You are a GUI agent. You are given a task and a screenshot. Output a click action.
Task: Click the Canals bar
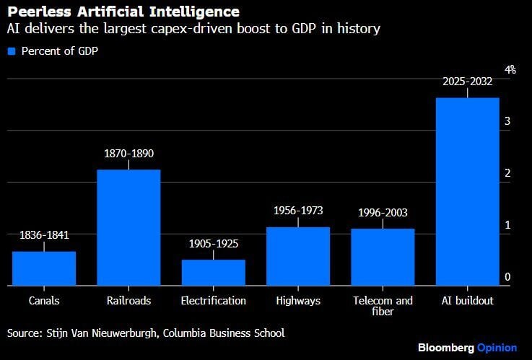point(44,268)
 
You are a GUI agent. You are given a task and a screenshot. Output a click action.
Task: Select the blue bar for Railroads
point(128,227)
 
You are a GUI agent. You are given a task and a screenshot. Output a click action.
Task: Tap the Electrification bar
point(214,273)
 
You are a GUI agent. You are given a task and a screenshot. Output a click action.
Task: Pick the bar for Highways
point(298,256)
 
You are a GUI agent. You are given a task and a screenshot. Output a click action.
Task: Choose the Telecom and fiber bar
point(383,257)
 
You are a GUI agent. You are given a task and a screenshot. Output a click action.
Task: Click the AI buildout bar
point(468,191)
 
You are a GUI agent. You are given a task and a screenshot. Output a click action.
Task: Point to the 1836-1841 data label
point(44,235)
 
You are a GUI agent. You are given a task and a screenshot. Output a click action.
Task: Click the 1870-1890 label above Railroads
point(129,154)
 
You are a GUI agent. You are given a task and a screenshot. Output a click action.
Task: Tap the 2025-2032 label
point(468,82)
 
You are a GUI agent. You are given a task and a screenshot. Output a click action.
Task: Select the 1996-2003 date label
point(383,213)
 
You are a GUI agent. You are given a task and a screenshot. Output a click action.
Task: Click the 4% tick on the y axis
point(510,69)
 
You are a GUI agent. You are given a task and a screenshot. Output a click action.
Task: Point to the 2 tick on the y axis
point(507,173)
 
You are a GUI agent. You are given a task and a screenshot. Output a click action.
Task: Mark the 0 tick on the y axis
point(507,277)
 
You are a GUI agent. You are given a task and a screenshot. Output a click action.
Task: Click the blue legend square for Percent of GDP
point(12,51)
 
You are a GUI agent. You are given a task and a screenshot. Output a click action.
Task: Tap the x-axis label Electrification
point(214,301)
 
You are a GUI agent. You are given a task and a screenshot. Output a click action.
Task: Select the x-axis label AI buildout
point(468,301)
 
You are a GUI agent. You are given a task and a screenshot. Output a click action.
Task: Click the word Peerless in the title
point(40,12)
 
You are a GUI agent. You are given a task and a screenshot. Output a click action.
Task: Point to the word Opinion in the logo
point(497,348)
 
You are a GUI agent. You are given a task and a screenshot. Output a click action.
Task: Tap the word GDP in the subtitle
point(304,28)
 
